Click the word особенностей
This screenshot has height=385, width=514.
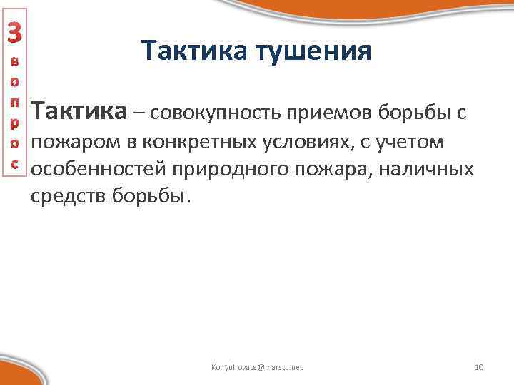tap(95, 170)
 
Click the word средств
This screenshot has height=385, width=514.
tap(69, 196)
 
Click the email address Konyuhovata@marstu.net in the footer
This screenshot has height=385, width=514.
tap(257, 367)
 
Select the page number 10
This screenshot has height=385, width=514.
tap(479, 367)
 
